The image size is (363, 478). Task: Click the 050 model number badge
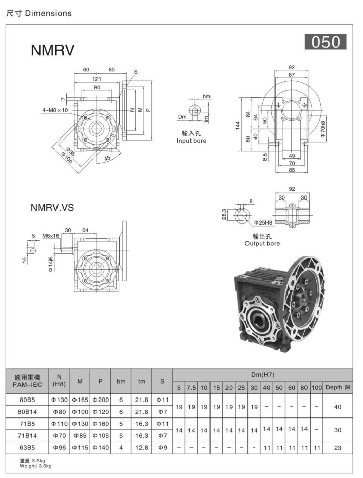pos(326,42)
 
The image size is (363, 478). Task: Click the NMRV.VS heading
pos(53,208)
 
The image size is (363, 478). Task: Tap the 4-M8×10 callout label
pos(59,110)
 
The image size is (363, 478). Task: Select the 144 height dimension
pos(238,125)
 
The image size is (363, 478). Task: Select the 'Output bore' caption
pos(262,243)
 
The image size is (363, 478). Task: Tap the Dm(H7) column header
pos(262,375)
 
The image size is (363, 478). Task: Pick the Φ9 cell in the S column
pos(162,448)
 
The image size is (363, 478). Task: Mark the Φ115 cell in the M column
pos(80,448)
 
